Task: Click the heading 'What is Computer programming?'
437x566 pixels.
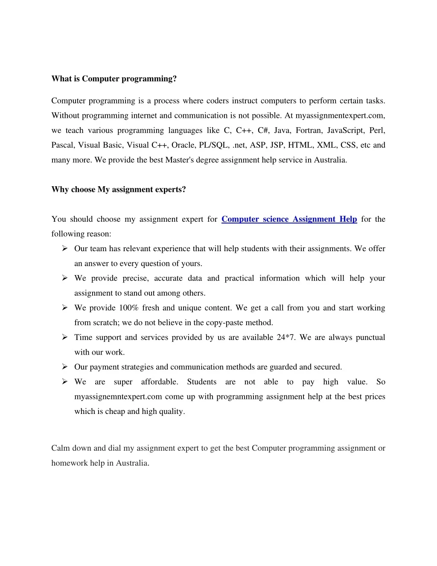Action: click(114, 79)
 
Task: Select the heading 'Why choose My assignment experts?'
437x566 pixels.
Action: click(119, 190)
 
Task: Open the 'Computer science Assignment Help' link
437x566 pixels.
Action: click(289, 219)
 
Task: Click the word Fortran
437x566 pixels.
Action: click(309, 130)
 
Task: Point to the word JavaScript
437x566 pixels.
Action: click(345, 130)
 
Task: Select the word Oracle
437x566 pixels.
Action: click(183, 145)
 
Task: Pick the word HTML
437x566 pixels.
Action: click(300, 145)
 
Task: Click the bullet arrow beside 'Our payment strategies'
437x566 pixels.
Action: click(65, 367)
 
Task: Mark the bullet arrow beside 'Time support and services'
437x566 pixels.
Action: click(65, 337)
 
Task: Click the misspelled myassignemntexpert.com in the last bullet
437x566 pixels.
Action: click(118, 397)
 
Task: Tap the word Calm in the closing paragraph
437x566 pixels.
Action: click(61, 448)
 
